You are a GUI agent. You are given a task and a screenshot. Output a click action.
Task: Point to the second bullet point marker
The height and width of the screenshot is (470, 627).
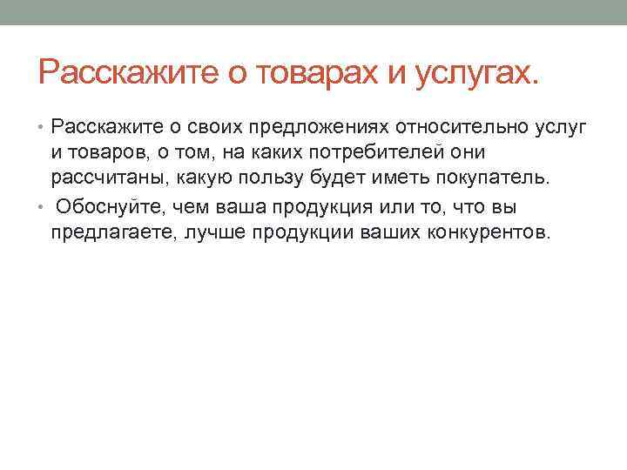43,205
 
